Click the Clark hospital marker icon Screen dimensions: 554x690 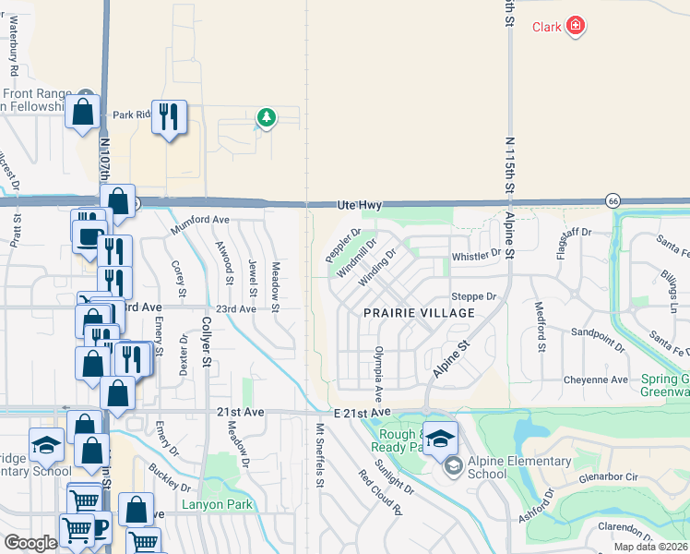coord(576,25)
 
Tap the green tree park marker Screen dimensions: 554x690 coord(267,117)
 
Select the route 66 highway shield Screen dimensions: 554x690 coord(613,200)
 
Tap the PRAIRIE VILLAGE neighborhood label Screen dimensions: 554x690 coord(419,313)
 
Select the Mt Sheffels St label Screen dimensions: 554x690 coord(319,454)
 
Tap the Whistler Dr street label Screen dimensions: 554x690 coord(476,254)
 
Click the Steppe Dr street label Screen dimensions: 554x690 coord(474,297)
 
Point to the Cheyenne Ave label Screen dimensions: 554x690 coord(596,379)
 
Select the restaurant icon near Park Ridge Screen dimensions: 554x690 coord(169,116)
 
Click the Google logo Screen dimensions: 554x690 coord(30,543)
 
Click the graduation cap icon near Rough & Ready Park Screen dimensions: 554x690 coord(441,437)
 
